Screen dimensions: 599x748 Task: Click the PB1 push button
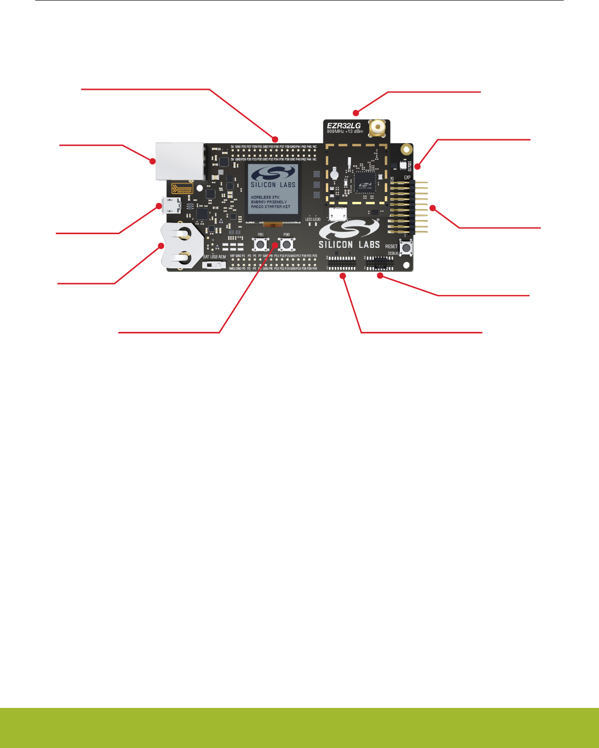pos(260,244)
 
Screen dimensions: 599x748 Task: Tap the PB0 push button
pos(286,244)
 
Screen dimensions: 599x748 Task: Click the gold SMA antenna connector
pos(377,128)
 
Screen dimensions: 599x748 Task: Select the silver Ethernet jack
pos(179,161)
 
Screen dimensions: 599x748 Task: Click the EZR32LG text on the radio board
pos(344,126)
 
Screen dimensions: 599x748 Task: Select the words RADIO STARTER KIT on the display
pos(271,207)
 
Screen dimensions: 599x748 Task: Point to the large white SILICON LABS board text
pos(349,244)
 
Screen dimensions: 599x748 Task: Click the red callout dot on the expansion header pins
pos(433,208)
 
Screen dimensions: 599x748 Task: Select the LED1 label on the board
pos(308,220)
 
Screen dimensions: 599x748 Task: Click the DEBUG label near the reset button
pos(393,253)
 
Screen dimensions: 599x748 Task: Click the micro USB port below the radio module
pos(338,213)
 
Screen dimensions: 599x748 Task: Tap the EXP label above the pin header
pos(407,178)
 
